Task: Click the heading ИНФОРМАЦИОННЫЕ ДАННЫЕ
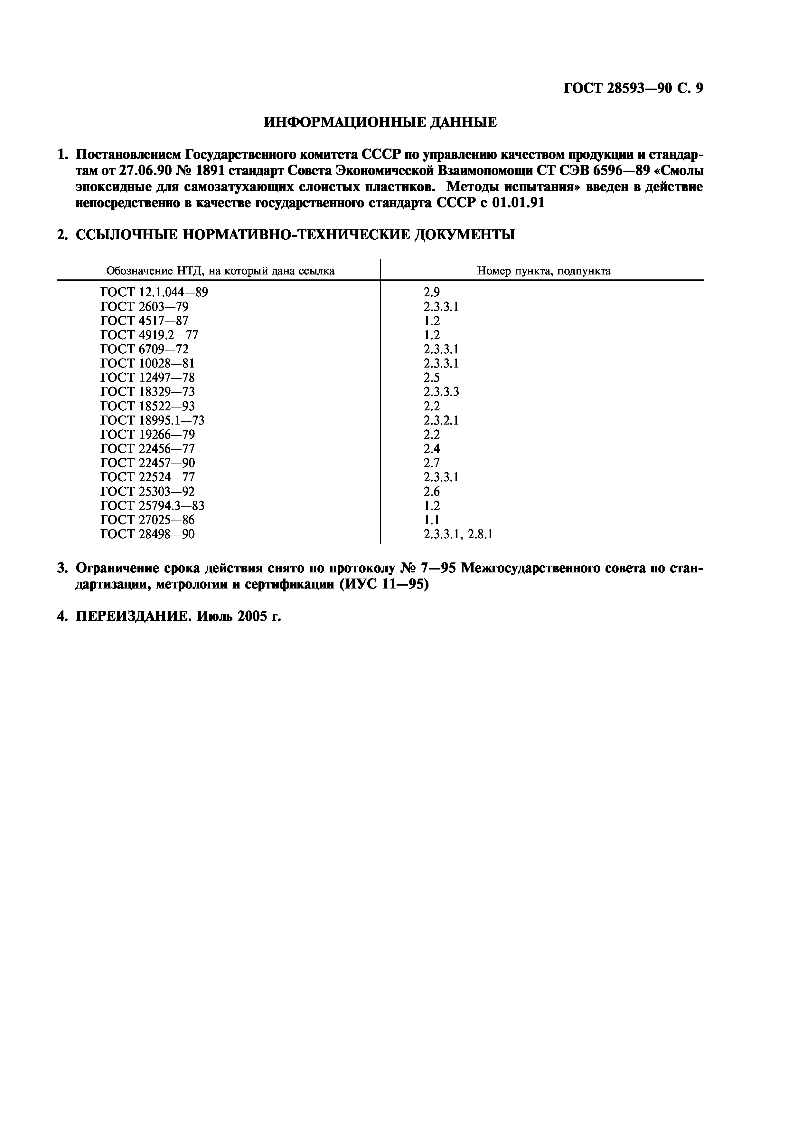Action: coord(380,122)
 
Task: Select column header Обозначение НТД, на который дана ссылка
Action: coord(220,271)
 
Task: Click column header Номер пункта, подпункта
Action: coord(544,271)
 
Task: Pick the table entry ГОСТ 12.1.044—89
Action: coord(154,292)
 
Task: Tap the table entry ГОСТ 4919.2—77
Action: coord(149,335)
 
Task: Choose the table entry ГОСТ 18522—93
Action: coord(147,406)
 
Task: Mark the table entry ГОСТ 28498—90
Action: coord(147,534)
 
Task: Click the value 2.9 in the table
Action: coord(432,292)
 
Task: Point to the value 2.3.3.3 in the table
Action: coord(441,392)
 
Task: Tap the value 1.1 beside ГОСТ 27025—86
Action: coord(432,520)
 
